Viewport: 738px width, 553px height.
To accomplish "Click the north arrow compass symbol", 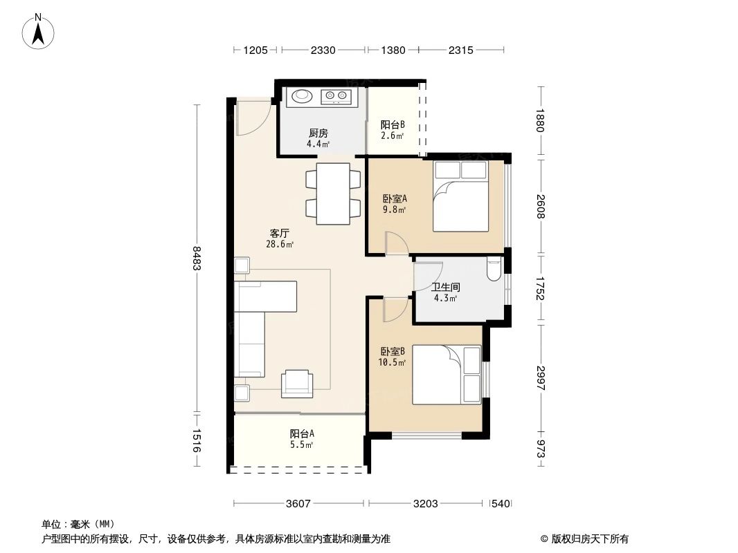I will point(39,31).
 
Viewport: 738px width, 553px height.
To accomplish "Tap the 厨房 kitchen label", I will point(318,133).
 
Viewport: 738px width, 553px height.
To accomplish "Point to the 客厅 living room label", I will point(280,233).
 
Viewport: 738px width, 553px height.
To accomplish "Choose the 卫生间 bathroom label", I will point(445,287).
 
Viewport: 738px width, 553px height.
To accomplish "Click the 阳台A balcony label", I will point(302,433).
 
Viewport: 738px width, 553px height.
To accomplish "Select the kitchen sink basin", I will point(302,96).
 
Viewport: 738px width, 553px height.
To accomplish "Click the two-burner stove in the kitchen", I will point(337,96).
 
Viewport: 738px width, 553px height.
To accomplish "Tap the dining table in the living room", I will point(333,194).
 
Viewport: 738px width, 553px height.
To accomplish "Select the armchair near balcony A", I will point(298,383).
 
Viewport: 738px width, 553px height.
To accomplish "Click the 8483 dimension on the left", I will point(197,259).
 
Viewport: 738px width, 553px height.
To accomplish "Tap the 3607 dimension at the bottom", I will point(298,504).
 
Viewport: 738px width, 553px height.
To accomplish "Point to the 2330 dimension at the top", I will point(323,50).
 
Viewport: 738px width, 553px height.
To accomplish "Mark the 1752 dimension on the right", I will point(541,289).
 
